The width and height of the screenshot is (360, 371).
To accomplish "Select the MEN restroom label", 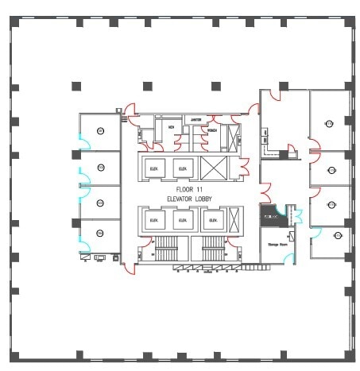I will [170, 126].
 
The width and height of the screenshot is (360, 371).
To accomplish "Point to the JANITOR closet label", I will [195, 119].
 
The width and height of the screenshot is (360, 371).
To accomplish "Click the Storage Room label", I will [277, 244].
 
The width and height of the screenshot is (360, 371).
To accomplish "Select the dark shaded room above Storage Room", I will [272, 215].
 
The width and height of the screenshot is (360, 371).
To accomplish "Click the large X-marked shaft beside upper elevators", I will [213, 168].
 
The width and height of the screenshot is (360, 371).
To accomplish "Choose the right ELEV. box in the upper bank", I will [183, 168].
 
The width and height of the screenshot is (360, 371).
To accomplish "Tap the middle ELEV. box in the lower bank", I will [183, 220].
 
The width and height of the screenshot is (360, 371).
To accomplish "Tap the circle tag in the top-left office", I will [100, 130].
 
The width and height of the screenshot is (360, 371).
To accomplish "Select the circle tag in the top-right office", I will [329, 122].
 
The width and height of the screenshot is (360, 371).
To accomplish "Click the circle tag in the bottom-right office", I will [337, 236].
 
